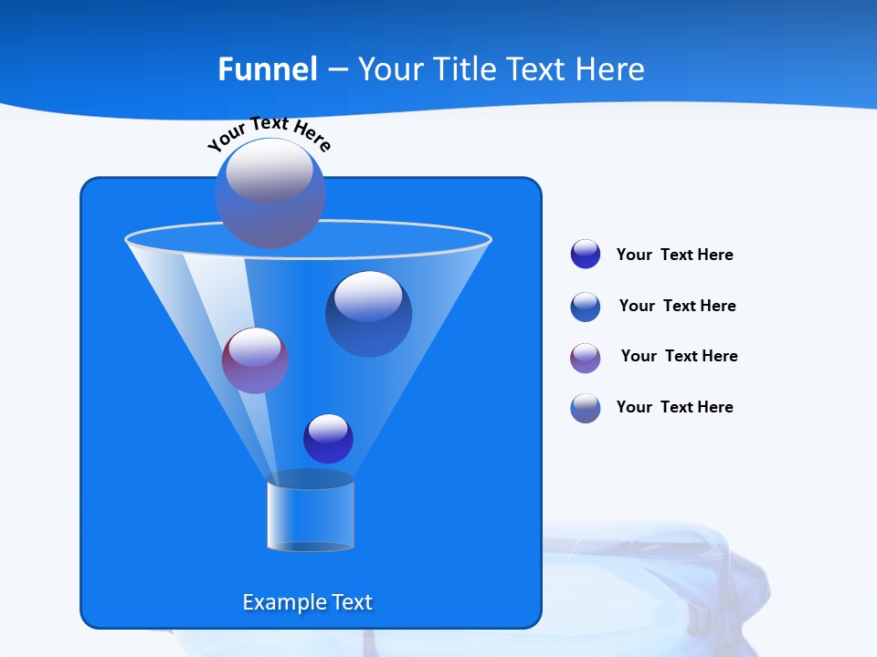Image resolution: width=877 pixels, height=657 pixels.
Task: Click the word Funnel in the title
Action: click(x=268, y=69)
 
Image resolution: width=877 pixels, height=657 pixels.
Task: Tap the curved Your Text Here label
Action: click(x=269, y=132)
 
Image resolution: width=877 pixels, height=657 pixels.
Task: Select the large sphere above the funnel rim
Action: click(x=269, y=193)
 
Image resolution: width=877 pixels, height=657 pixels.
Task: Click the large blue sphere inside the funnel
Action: click(x=368, y=313)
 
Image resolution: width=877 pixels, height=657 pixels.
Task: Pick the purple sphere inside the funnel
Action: click(x=255, y=360)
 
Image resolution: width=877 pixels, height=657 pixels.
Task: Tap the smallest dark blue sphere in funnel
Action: click(x=328, y=438)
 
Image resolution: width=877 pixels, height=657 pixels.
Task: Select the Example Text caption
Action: click(x=308, y=602)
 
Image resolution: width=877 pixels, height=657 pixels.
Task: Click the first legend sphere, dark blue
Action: click(x=586, y=254)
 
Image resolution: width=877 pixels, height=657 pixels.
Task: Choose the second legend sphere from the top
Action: click(x=586, y=307)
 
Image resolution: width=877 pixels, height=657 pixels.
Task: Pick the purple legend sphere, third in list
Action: click(x=586, y=358)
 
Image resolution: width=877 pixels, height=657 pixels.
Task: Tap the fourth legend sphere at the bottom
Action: click(x=586, y=408)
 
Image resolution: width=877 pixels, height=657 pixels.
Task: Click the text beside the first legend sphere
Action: click(x=674, y=255)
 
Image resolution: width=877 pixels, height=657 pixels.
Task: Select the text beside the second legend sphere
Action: click(x=677, y=306)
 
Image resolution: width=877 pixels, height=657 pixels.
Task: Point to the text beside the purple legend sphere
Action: click(x=679, y=356)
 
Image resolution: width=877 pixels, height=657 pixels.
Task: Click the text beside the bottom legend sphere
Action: click(x=674, y=407)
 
